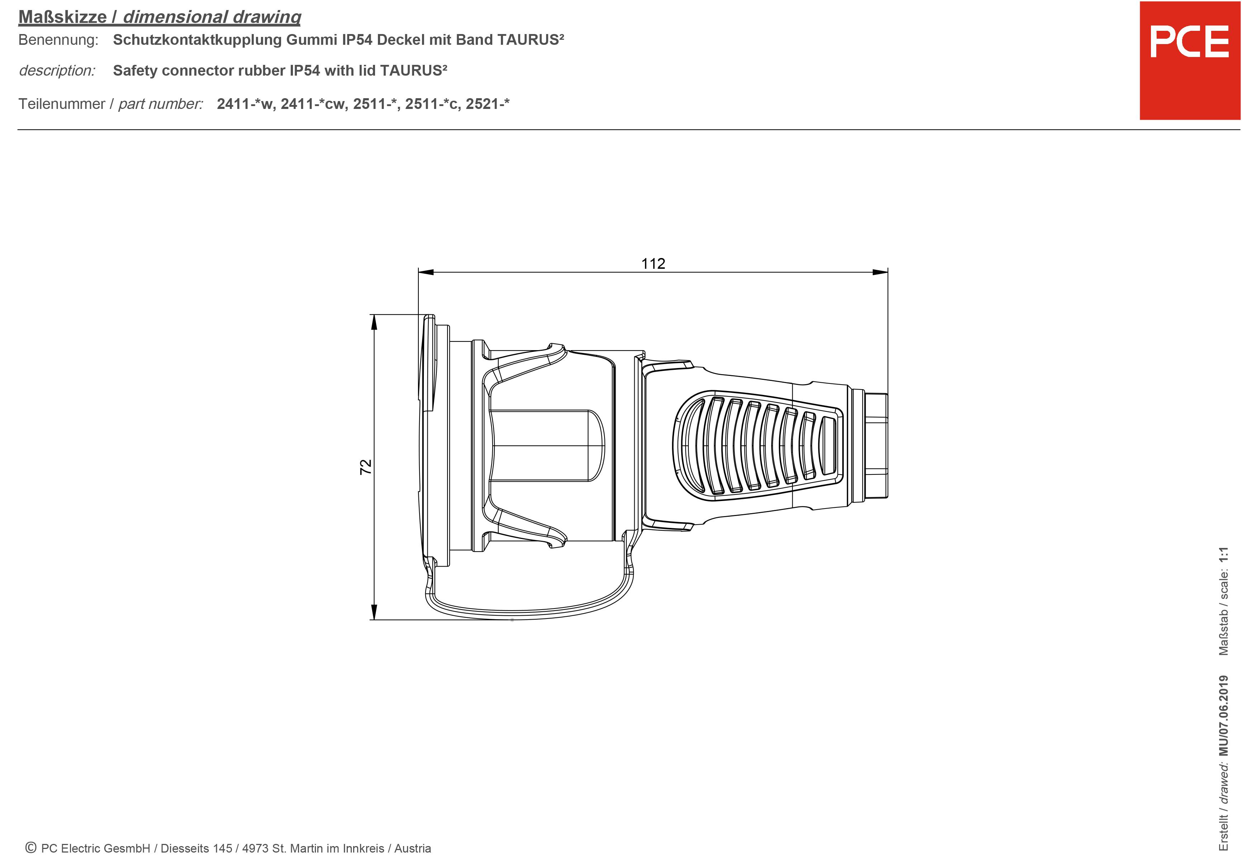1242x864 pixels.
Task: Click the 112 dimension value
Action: pyautogui.click(x=653, y=263)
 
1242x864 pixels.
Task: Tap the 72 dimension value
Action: pyautogui.click(x=366, y=467)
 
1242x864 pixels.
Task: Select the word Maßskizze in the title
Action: pyautogui.click(x=63, y=17)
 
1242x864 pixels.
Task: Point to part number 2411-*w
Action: pyautogui.click(x=246, y=104)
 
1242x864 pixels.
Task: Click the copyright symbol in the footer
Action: pyautogui.click(x=31, y=848)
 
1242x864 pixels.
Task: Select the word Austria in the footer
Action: pyautogui.click(x=412, y=848)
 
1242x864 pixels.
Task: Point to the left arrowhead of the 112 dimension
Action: pyautogui.click(x=426, y=272)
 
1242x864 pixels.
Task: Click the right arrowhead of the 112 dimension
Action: pyautogui.click(x=881, y=272)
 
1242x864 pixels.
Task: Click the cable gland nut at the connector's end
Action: pyautogui.click(x=876, y=445)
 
